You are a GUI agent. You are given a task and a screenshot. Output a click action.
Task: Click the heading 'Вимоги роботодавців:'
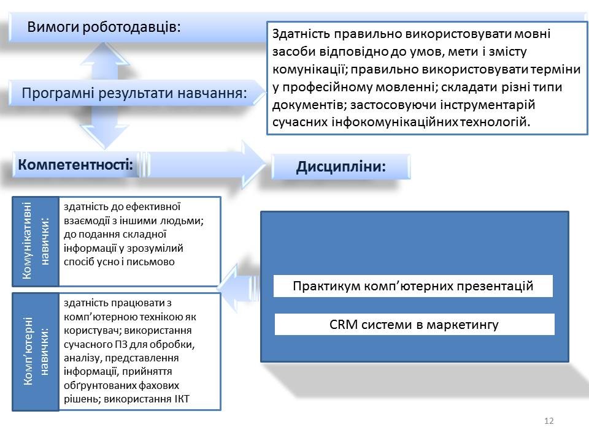click(x=104, y=28)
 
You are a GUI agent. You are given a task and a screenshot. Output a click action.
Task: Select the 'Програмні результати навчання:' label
click(x=134, y=93)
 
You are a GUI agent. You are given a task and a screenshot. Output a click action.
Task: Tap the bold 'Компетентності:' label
click(x=75, y=165)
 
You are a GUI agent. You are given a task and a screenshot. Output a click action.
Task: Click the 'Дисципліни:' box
click(x=341, y=167)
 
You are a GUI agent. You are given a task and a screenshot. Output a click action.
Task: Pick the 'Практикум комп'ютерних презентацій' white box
click(x=413, y=286)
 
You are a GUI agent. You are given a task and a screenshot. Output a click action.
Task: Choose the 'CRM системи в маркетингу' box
click(x=414, y=325)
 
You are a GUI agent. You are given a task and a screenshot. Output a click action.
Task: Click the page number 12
click(x=549, y=421)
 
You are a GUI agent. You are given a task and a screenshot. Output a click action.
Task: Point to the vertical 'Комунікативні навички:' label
click(x=36, y=241)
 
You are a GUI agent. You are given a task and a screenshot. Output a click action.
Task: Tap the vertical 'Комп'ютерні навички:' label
click(x=36, y=352)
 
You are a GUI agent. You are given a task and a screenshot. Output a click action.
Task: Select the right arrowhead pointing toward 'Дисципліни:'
click(x=253, y=164)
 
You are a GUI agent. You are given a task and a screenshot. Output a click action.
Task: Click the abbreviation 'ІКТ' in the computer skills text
click(x=182, y=399)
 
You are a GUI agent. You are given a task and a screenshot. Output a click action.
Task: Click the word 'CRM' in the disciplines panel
click(x=344, y=325)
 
